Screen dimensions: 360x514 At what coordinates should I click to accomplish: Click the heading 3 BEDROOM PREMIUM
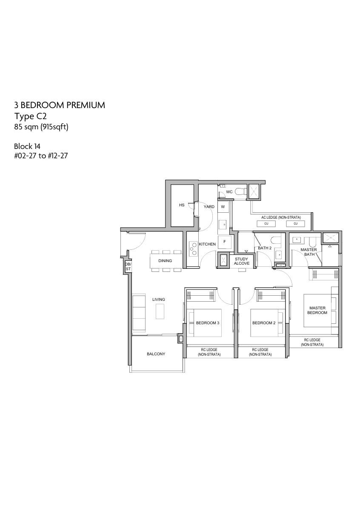pyautogui.click(x=60, y=105)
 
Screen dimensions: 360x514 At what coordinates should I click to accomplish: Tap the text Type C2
pyautogui.click(x=31, y=116)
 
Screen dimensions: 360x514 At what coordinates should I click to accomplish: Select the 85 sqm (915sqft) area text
pyautogui.click(x=41, y=127)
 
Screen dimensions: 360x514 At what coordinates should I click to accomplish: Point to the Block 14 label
pyautogui.click(x=27, y=146)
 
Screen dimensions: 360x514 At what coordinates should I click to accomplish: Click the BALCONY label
pyautogui.click(x=156, y=354)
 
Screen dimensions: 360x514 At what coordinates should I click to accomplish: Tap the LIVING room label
pyautogui.click(x=159, y=300)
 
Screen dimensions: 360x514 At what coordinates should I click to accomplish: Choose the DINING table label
pyautogui.click(x=165, y=261)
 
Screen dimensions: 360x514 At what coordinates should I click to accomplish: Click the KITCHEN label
pyautogui.click(x=207, y=244)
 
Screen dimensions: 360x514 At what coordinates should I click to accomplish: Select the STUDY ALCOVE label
pyautogui.click(x=242, y=261)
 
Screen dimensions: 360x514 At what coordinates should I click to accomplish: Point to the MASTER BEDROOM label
pyautogui.click(x=317, y=310)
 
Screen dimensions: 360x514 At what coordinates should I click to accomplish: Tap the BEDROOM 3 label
pyautogui.click(x=207, y=323)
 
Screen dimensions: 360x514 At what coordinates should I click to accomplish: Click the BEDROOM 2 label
pyautogui.click(x=264, y=323)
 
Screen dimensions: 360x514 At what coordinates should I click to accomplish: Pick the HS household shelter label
pyautogui.click(x=182, y=205)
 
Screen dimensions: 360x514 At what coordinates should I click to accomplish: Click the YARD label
pyautogui.click(x=209, y=206)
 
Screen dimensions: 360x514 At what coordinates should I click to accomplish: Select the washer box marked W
pyautogui.click(x=223, y=207)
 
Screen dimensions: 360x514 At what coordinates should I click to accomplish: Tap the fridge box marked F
pyautogui.click(x=225, y=242)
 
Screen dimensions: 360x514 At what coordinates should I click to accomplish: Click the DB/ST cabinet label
pyautogui.click(x=128, y=266)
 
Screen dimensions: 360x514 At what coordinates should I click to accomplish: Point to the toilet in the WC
pyautogui.click(x=241, y=191)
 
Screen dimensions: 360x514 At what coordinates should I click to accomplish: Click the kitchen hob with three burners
pyautogui.click(x=193, y=248)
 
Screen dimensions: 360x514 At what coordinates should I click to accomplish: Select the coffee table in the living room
pyautogui.click(x=160, y=311)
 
